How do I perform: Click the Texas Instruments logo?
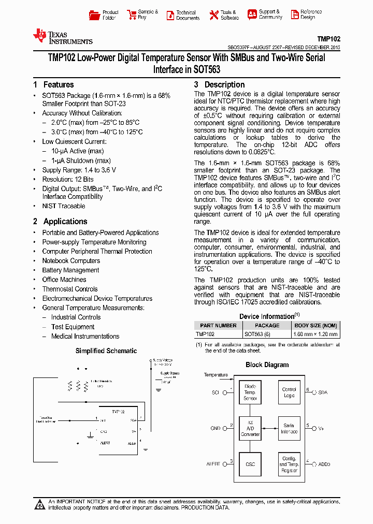click(x=62, y=37)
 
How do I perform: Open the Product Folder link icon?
click(x=94, y=15)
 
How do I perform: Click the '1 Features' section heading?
click(x=53, y=85)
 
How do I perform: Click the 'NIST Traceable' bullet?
click(x=63, y=206)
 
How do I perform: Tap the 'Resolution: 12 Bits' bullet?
click(x=67, y=179)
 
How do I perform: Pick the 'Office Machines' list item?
click(x=64, y=280)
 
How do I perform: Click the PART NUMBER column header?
click(x=218, y=325)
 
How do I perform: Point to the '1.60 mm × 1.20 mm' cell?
click(x=314, y=334)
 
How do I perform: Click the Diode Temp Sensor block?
click(x=250, y=392)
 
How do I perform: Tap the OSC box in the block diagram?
click(x=250, y=464)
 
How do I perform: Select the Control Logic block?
click(x=289, y=392)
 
